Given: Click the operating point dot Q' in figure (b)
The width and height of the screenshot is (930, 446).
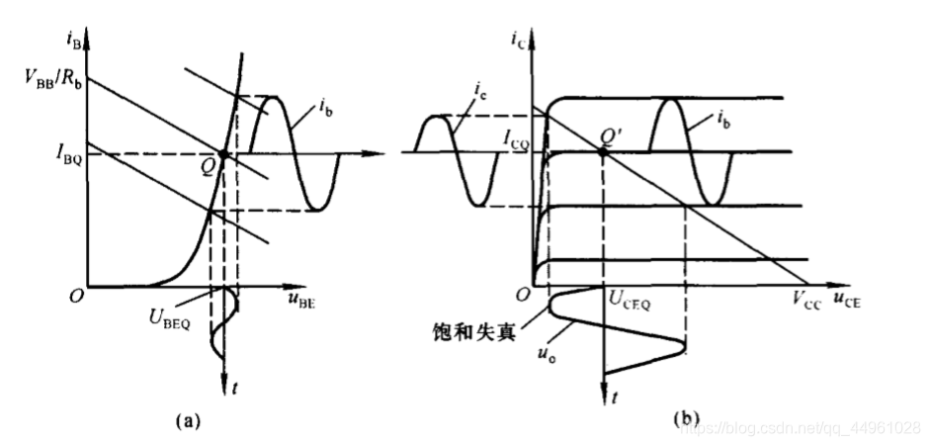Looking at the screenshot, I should click(603, 151).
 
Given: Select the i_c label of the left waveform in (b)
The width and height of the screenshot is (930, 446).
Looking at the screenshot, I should click(480, 94).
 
